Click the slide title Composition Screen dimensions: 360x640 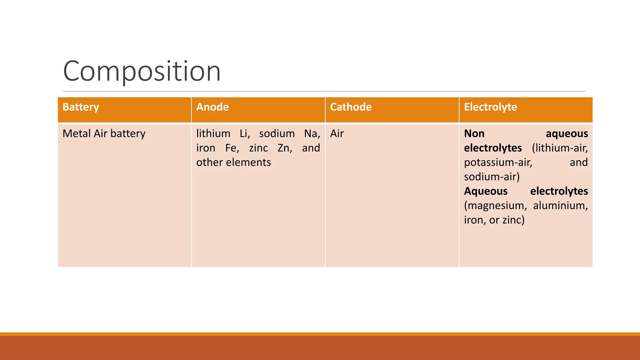click(x=142, y=71)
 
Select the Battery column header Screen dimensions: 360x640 click(x=81, y=107)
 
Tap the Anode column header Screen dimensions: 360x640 click(x=212, y=107)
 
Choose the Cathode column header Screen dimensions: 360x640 click(x=351, y=107)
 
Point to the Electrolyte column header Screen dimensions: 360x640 click(x=490, y=107)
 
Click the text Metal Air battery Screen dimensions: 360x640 click(x=104, y=134)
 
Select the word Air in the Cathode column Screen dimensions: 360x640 click(x=337, y=134)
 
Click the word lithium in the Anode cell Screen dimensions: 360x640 click(x=213, y=134)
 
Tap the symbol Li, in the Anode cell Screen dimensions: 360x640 click(x=245, y=134)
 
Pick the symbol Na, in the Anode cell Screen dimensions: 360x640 click(x=312, y=134)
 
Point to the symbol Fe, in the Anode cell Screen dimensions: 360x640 click(x=232, y=148)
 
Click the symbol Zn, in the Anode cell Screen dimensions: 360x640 click(x=285, y=148)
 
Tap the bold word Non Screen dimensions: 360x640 click(x=474, y=134)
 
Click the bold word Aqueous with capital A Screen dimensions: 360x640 click(x=486, y=191)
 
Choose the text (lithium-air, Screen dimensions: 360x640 click(x=560, y=148)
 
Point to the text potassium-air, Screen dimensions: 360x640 click(x=498, y=162)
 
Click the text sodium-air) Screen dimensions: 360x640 click(x=492, y=177)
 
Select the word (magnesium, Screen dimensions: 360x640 click(x=495, y=206)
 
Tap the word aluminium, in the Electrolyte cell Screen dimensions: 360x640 click(x=560, y=206)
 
